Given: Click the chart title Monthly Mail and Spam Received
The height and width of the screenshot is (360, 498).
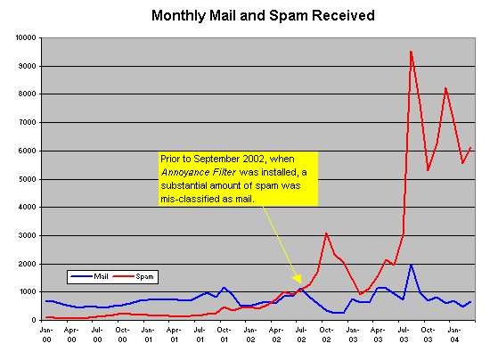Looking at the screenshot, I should (x=249, y=15).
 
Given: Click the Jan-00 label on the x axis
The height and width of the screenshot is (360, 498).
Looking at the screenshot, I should (x=48, y=333).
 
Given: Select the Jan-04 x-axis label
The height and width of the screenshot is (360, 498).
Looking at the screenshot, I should (x=454, y=333).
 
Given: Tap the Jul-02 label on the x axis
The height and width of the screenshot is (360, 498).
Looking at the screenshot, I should (x=301, y=333).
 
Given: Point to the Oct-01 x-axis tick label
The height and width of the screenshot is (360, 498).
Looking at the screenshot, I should (x=225, y=333).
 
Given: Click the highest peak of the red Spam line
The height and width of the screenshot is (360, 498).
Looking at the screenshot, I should (x=411, y=52).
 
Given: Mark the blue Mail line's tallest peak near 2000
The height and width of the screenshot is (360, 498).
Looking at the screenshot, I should (x=411, y=265).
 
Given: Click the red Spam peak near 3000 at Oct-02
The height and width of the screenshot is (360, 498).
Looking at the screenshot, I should (x=326, y=233).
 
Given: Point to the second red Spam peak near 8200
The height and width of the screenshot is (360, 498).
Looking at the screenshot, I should (x=445, y=88).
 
